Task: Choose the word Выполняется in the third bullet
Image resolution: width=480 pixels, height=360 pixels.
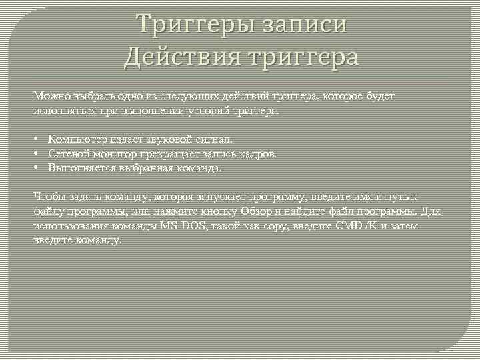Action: (80, 169)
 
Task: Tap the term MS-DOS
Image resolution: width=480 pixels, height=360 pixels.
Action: (182, 227)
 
